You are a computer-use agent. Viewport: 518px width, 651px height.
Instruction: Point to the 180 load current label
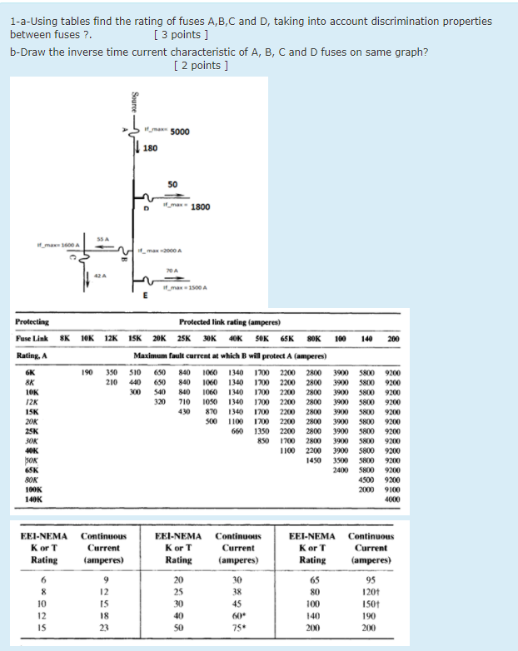150,148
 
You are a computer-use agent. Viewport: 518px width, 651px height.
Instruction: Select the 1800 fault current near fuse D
201,206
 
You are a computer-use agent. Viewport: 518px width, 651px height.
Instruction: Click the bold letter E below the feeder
146,296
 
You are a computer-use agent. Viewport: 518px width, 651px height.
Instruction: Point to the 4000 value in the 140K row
391,498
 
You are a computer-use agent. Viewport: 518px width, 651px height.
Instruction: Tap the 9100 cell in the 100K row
391,489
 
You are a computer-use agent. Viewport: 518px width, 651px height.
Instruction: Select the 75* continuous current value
237,628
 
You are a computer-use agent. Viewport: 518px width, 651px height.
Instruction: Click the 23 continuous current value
103,628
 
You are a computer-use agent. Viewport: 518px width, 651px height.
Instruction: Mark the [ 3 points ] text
182,35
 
